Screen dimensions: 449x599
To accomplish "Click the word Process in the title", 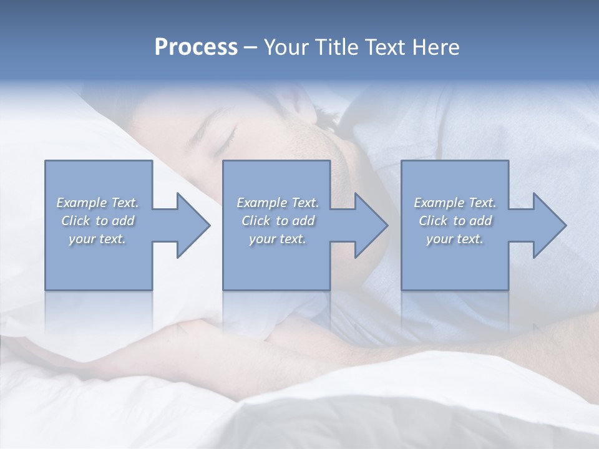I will [x=196, y=47].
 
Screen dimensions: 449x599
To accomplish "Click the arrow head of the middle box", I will [x=371, y=225].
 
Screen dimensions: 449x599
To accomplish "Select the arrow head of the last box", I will [x=549, y=225].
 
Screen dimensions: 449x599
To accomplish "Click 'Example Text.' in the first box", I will [x=97, y=203].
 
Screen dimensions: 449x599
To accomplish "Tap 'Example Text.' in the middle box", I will [x=278, y=203].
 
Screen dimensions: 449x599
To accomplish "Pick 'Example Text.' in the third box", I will [x=455, y=203].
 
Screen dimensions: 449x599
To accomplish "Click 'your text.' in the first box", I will [x=97, y=239].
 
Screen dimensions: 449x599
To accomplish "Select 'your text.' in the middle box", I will [x=278, y=239].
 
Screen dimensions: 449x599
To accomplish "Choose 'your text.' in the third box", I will [x=455, y=239].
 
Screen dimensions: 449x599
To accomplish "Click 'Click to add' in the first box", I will [x=97, y=221].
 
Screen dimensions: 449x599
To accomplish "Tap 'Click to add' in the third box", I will [x=455, y=221].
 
